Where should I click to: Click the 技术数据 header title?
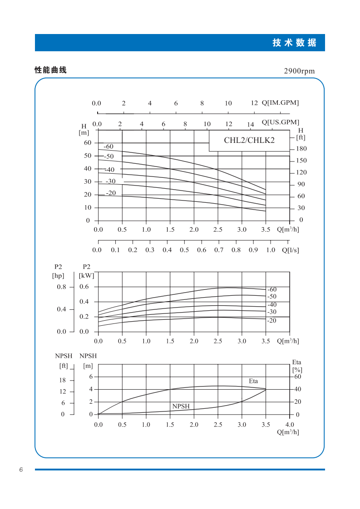(x=294, y=43)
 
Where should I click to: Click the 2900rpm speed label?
(x=299, y=71)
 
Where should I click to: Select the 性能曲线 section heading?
(x=51, y=70)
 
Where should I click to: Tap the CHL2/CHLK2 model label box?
(x=249, y=140)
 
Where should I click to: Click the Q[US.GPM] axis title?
(x=281, y=122)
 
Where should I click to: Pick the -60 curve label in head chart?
(x=108, y=147)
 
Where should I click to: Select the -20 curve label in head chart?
(x=111, y=193)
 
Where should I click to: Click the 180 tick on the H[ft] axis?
(x=301, y=149)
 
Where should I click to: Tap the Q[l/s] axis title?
(x=291, y=250)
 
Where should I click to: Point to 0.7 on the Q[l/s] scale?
(x=219, y=250)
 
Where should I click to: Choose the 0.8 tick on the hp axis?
(x=61, y=287)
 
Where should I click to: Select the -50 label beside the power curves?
(x=272, y=296)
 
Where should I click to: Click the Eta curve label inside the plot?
(x=253, y=381)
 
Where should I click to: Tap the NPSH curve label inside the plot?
(x=181, y=406)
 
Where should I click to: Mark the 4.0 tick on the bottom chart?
(x=289, y=425)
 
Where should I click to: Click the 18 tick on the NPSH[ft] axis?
(x=62, y=380)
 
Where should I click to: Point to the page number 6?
(x=21, y=470)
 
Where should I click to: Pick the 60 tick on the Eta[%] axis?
(x=298, y=377)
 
